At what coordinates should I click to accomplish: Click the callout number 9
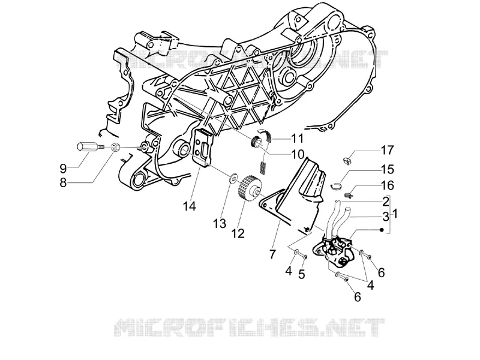point(63,169)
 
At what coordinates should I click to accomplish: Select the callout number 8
point(63,183)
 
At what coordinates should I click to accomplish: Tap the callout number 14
point(190,206)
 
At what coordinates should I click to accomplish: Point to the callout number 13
point(220,223)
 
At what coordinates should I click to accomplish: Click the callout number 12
point(238,233)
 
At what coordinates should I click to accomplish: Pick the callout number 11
point(296,139)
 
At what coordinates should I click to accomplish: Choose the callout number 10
point(298,154)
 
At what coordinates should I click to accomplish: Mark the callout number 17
point(387,151)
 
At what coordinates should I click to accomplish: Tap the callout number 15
point(387,169)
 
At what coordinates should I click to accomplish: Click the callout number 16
point(387,185)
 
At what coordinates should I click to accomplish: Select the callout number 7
point(272,254)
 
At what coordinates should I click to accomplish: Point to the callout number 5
point(302,274)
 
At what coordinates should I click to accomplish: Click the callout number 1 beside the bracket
point(395,214)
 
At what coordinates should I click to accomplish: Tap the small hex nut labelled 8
point(115,148)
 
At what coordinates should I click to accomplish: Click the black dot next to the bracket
point(382,230)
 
